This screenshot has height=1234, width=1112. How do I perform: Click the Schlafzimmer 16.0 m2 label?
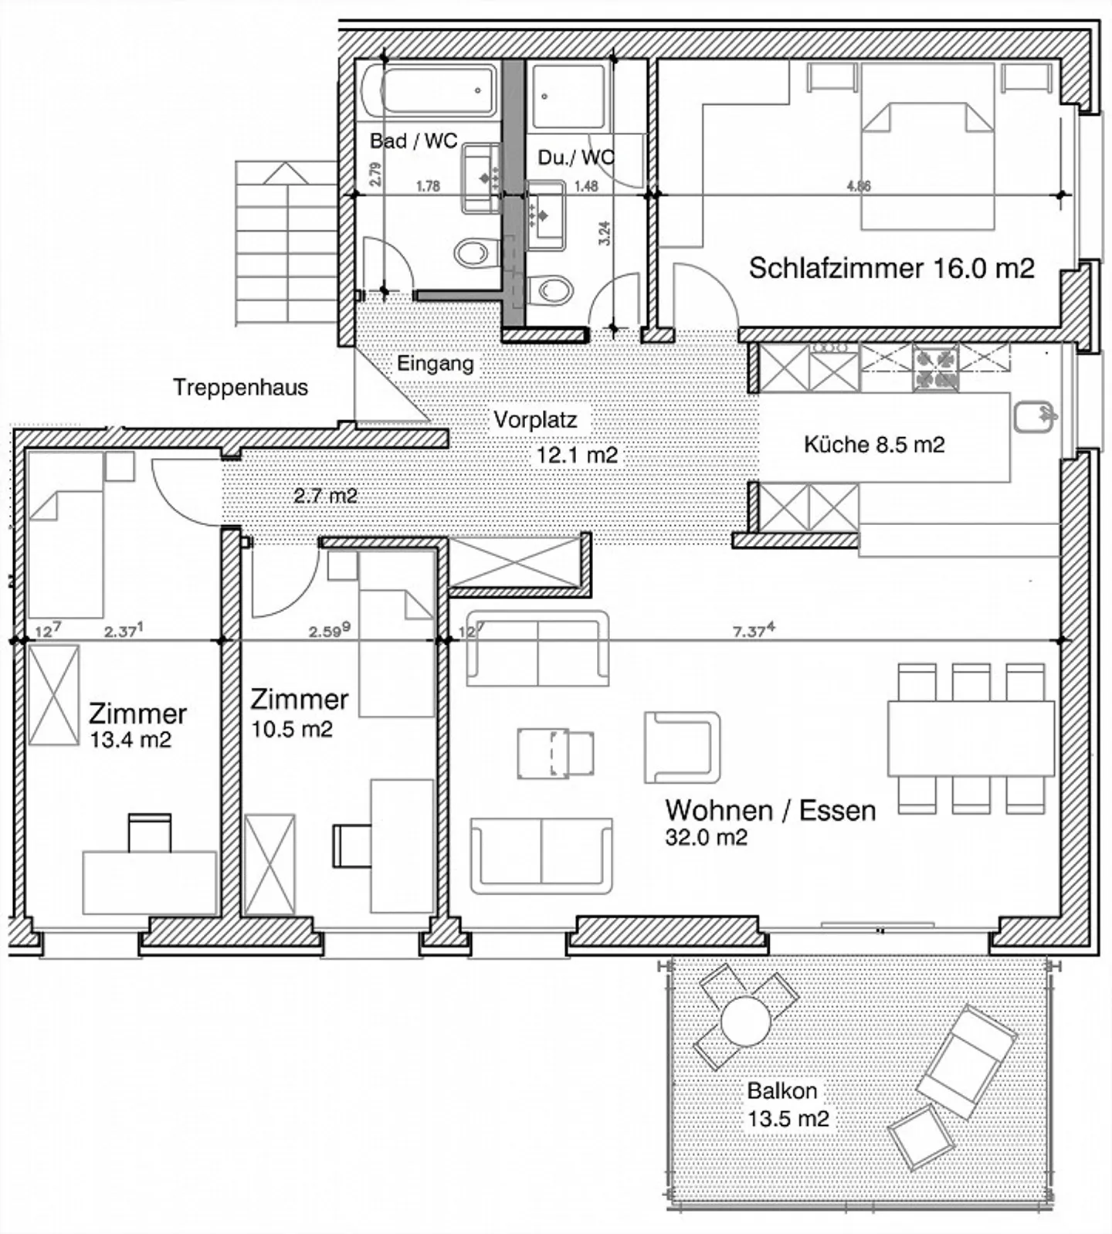891,268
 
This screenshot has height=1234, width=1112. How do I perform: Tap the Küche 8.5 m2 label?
874,445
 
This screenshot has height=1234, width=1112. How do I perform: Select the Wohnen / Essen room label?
771,810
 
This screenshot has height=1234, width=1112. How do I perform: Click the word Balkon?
782,1091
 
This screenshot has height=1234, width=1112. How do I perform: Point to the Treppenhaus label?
240,387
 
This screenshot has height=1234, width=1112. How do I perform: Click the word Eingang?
436,364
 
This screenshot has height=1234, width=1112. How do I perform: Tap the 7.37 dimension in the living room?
753,631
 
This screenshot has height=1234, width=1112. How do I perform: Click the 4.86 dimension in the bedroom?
859,185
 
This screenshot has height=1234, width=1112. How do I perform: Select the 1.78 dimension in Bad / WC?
428,185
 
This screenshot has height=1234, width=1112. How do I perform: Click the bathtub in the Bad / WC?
429,91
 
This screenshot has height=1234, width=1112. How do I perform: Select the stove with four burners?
935,368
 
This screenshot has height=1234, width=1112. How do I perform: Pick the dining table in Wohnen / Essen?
971,737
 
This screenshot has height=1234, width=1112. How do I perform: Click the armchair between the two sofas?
682,748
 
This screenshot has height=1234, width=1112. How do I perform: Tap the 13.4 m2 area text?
131,740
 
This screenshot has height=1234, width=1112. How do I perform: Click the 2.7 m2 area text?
325,495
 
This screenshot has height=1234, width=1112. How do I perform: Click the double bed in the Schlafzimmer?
927,147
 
